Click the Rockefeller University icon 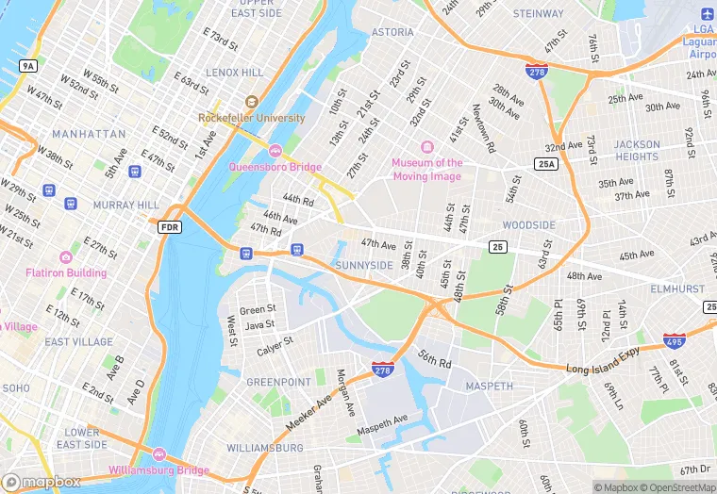tap(251, 102)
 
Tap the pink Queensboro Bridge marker tap(275, 151)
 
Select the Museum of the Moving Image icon tap(426, 147)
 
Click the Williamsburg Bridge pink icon tap(158, 455)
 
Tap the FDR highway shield tap(170, 227)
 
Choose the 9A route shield tap(27, 65)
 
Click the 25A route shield tap(545, 164)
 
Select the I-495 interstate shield tap(674, 342)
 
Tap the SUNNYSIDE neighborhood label tap(364, 266)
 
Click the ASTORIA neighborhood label tap(392, 32)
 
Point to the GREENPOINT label tap(278, 383)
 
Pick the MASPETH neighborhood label tap(490, 387)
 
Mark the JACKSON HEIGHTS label tap(637, 151)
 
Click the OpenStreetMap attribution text tap(676, 487)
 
